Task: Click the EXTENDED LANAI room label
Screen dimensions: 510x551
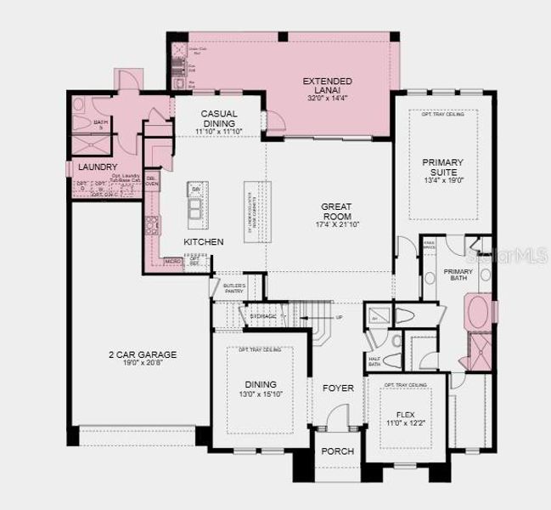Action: (327, 82)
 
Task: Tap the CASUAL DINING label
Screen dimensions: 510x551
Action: (218, 114)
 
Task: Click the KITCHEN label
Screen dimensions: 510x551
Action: (204, 242)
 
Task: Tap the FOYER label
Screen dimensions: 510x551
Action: (337, 388)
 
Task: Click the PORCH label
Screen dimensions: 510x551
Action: (337, 451)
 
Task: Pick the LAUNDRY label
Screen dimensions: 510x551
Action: (98, 167)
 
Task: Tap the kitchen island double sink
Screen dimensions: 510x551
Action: (195, 209)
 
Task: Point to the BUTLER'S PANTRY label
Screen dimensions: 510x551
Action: (233, 288)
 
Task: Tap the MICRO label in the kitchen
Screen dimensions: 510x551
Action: (172, 261)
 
